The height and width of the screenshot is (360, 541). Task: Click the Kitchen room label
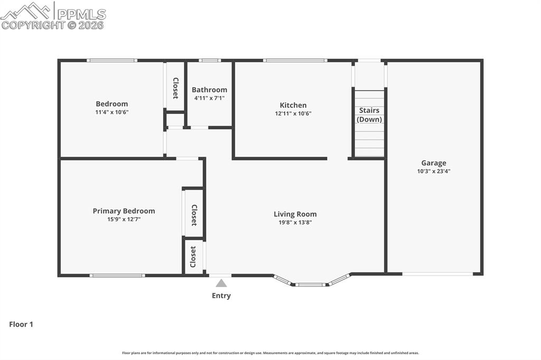coord(293,105)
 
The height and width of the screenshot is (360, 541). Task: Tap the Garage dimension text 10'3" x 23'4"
coord(433,171)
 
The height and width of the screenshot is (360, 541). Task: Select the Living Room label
coord(295,214)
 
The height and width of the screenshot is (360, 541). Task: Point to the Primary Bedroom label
coord(124,211)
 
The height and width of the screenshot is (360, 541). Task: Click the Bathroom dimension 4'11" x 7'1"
coord(209,98)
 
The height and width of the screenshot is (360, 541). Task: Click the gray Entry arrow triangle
coord(221,283)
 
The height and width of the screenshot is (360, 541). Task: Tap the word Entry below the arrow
coord(221,296)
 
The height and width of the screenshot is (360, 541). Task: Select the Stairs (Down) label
coord(369,115)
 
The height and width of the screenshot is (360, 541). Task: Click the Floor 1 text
coord(21,324)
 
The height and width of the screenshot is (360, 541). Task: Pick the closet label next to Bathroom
coord(175,88)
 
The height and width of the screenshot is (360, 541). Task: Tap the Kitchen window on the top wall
coord(295,60)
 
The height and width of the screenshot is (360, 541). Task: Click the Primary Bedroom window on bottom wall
coord(117,275)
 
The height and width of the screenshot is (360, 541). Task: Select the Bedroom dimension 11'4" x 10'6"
coord(111,112)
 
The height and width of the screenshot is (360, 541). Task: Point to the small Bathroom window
coord(210,60)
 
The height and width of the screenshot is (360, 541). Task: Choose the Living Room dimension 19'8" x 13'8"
coord(295,222)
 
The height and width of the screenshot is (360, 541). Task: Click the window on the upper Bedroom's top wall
coord(112,60)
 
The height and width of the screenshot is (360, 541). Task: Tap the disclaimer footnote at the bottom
coord(270,353)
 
